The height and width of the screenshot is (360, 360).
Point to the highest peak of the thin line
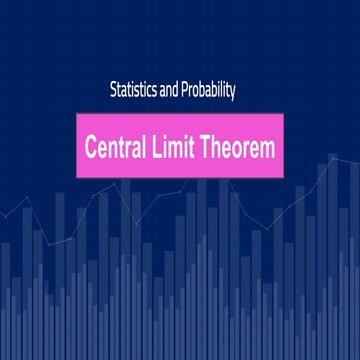pos(333,157)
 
